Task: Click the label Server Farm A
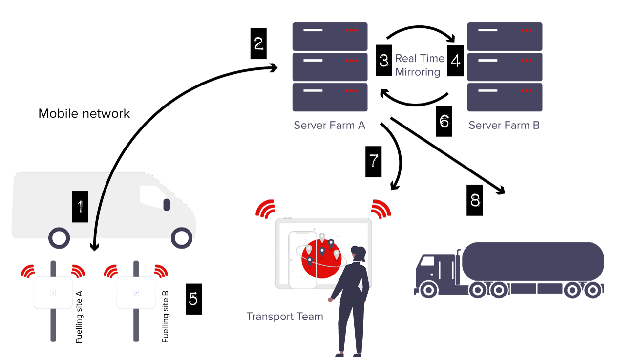coord(329,126)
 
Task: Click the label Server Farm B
coord(504,126)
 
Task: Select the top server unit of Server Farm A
coord(330,36)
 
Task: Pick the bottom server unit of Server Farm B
coord(505,97)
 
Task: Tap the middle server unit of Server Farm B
coord(505,67)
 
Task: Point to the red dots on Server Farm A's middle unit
coord(351,61)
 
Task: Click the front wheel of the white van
coord(182,238)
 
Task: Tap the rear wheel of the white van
coord(59,238)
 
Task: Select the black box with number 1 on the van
coord(80,207)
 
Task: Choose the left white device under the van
coord(53,293)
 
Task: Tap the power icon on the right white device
coord(136,293)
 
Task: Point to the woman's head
coord(360,253)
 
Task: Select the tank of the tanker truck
coord(533,261)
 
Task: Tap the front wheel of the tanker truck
coord(428,290)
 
